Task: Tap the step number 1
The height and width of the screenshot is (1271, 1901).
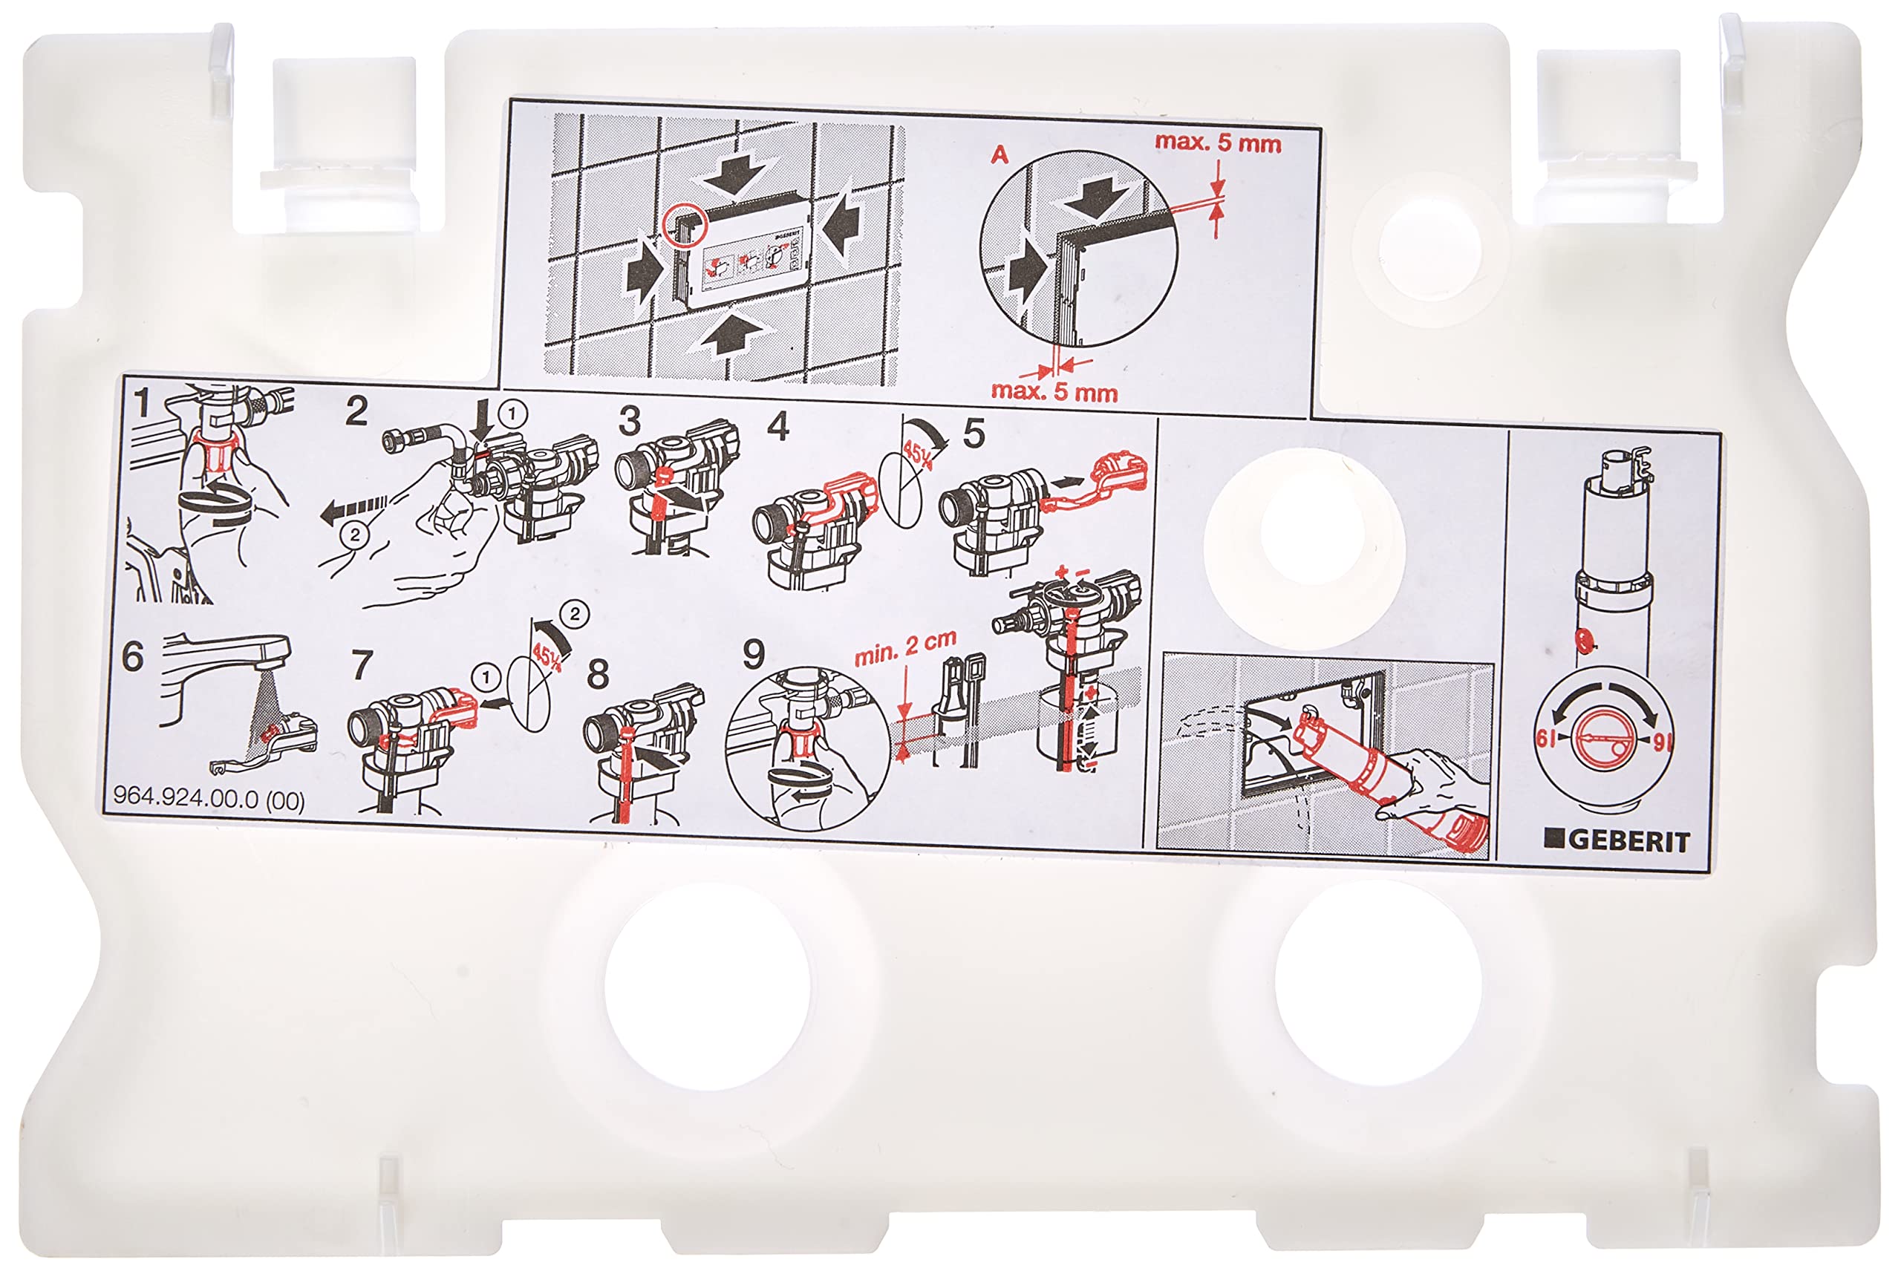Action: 142,403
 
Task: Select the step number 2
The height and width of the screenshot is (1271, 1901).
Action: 356,412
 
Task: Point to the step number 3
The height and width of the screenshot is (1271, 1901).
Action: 629,422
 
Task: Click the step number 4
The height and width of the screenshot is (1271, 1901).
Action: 778,426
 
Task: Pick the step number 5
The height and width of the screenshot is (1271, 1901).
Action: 974,434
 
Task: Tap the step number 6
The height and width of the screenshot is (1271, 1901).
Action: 132,656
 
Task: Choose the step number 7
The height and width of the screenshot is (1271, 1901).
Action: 362,664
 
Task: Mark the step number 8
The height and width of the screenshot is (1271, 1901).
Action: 598,673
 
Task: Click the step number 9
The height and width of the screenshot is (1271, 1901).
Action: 754,653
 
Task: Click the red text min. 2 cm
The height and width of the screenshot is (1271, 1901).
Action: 905,647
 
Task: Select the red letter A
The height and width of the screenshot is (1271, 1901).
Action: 1000,154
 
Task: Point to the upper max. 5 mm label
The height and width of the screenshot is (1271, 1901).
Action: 1218,143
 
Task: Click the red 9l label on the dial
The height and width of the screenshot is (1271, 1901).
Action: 1662,742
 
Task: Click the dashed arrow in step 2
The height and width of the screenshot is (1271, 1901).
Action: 354,510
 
